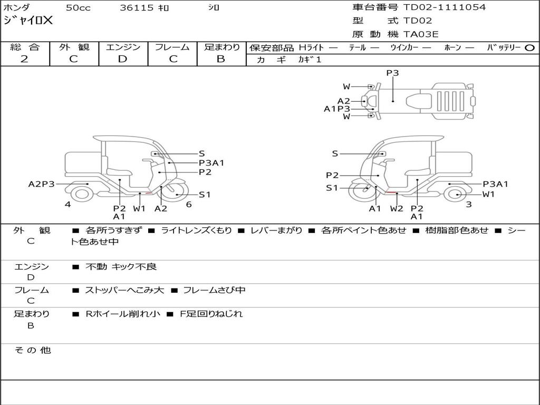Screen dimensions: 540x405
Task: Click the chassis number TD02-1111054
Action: pyautogui.click(x=444, y=7)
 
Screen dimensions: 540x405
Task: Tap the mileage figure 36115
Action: pyautogui.click(x=136, y=8)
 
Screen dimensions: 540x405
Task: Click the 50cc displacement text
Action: pyautogui.click(x=78, y=8)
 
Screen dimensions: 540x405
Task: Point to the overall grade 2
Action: pyautogui.click(x=24, y=59)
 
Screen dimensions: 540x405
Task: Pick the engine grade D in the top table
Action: pyautogui.click(x=122, y=59)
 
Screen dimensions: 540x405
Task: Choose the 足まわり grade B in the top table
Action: pyautogui.click(x=221, y=59)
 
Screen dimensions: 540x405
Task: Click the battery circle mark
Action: pyautogui.click(x=529, y=48)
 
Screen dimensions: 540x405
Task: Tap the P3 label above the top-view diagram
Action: pyautogui.click(x=392, y=73)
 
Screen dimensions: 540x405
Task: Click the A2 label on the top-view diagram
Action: pyautogui.click(x=343, y=101)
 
